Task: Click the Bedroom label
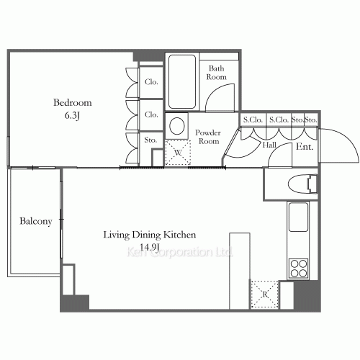(73, 103)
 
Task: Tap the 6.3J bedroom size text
(72, 116)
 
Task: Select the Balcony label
(36, 221)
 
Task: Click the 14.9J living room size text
(150, 247)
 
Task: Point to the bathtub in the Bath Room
(182, 81)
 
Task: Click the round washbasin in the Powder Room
(177, 126)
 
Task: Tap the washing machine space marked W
(178, 153)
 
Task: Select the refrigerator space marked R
(264, 294)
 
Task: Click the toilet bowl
(303, 184)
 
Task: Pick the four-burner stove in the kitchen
(299, 269)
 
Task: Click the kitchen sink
(298, 217)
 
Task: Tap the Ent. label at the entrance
(305, 147)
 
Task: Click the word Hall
(269, 145)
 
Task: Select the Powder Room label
(208, 137)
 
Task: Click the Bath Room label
(217, 73)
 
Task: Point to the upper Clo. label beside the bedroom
(151, 82)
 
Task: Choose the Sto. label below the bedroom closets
(150, 140)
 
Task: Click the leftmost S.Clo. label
(253, 120)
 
